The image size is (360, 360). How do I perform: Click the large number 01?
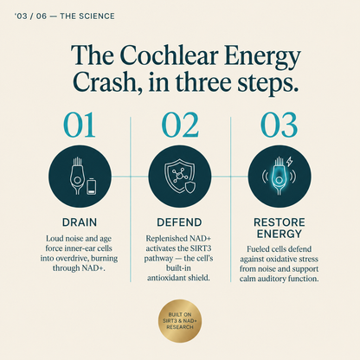tap(80, 125)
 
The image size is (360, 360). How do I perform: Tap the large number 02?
tap(180, 125)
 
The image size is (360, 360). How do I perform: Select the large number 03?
tap(279, 125)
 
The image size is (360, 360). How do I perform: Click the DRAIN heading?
tap(80, 222)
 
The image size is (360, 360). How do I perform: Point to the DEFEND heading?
tap(179, 222)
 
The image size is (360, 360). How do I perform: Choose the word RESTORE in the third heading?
tap(280, 222)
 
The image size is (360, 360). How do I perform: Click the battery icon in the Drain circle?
tap(91, 186)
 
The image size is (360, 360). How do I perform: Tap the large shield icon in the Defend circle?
tap(177, 176)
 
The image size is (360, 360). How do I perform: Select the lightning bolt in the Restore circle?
tap(289, 162)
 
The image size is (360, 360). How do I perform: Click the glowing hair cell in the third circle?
tap(279, 176)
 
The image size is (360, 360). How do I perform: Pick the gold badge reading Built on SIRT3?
tap(180, 321)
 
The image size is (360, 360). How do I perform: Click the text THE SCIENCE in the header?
tap(87, 16)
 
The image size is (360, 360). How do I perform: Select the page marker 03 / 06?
tap(31, 16)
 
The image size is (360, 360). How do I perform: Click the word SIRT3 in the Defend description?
tap(199, 248)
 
